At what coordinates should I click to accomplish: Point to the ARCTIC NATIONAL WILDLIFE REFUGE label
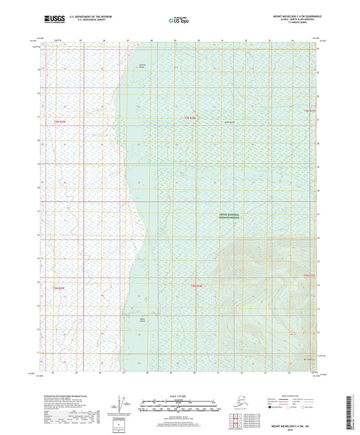click(x=230, y=217)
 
